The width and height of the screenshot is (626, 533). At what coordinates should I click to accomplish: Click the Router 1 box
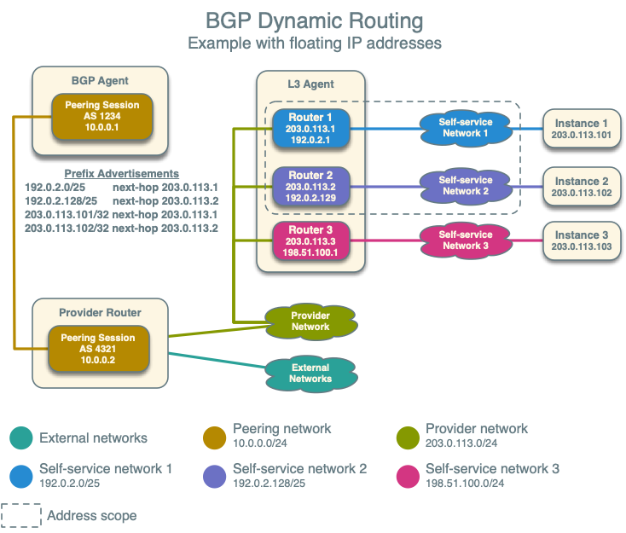coord(311,129)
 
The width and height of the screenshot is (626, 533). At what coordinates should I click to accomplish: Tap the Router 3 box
coord(311,240)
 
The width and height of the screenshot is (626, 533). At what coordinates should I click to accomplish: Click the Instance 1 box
coord(582,129)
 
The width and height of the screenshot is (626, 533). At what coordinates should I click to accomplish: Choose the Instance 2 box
coord(582,187)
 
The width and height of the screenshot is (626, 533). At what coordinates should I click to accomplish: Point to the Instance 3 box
coord(582,240)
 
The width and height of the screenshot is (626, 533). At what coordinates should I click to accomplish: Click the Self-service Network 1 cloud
coord(465,128)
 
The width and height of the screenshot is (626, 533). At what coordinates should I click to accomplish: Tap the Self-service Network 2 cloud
coord(465,186)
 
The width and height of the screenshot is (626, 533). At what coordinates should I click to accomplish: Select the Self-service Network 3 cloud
coord(465,240)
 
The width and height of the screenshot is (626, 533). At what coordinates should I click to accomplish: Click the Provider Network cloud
coord(310,322)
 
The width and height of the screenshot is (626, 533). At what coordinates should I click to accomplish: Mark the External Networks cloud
coord(310,374)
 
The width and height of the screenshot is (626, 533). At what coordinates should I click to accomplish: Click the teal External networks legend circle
coord(21,437)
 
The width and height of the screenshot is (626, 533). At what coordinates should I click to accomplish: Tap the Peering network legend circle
coord(214,435)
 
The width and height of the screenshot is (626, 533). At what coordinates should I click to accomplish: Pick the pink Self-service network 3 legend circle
coord(408,475)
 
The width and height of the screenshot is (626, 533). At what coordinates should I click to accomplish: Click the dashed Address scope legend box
coord(21,515)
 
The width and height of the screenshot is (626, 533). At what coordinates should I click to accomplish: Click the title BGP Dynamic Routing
coord(313,20)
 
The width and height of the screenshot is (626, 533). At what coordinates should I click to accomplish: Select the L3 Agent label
coord(311,84)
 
